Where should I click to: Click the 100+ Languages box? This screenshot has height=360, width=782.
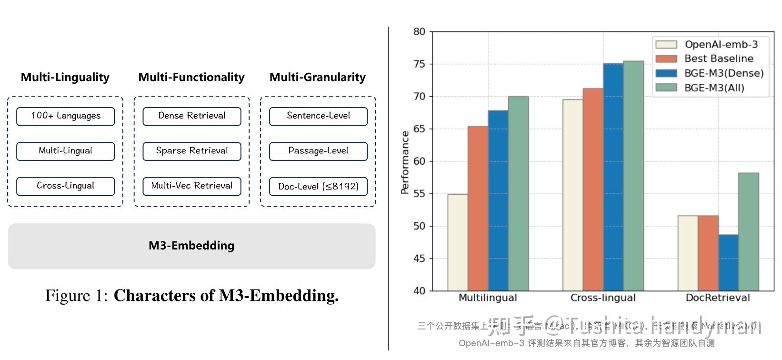[66, 116]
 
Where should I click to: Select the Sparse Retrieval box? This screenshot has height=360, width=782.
[192, 151]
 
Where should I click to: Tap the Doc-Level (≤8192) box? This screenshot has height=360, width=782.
[318, 186]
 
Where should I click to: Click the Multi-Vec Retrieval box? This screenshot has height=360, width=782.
[192, 186]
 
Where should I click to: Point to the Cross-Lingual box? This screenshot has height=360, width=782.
[66, 186]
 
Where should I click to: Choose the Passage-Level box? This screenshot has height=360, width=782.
[318, 151]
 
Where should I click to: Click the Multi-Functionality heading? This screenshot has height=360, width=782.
[191, 77]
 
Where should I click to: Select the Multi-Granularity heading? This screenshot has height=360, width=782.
[318, 77]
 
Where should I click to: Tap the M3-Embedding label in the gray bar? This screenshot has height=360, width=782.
[191, 246]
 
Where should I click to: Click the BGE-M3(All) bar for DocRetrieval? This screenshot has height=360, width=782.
[748, 231]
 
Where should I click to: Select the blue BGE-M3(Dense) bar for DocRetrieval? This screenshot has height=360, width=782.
[728, 262]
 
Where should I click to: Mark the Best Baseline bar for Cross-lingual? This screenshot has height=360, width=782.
[593, 189]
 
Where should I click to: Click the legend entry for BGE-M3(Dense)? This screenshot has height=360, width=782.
[723, 73]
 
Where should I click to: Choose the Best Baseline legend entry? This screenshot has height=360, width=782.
[718, 59]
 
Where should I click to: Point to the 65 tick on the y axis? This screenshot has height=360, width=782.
[419, 129]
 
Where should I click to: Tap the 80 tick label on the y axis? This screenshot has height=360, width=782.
[419, 32]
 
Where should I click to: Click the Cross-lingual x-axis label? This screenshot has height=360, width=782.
[603, 298]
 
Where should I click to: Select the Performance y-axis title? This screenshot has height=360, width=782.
[405, 162]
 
